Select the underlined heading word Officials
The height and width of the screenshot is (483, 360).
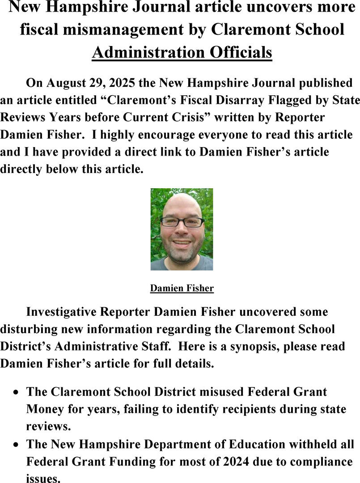[x=241, y=52]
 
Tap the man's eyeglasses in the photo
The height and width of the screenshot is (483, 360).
[x=182, y=221]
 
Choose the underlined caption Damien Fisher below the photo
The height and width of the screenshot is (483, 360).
[x=182, y=288]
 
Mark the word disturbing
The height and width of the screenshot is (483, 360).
[x=34, y=329]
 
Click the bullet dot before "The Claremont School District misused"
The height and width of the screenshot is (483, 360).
[x=16, y=393]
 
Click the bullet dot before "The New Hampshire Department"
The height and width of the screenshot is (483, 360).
[x=16, y=445]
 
